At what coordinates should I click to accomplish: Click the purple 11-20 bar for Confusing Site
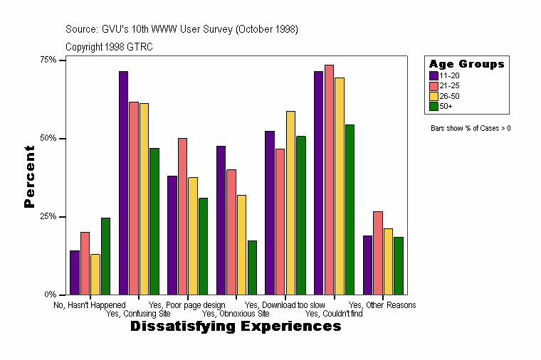pyautogui.click(x=123, y=183)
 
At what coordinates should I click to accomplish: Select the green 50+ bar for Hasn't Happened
pyautogui.click(x=105, y=256)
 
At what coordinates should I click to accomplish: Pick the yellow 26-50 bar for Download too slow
pyautogui.click(x=290, y=203)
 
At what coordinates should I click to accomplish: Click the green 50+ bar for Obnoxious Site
pyautogui.click(x=252, y=268)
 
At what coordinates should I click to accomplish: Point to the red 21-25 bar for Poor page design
pyautogui.click(x=182, y=216)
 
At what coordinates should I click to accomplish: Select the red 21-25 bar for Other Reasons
pyautogui.click(x=378, y=253)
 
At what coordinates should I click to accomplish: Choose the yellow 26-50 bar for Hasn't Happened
pyautogui.click(x=95, y=274)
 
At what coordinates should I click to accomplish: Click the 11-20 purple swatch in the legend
pyautogui.click(x=434, y=75)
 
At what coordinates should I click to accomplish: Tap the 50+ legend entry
pyautogui.click(x=446, y=106)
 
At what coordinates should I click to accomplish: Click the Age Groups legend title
pyautogui.click(x=466, y=64)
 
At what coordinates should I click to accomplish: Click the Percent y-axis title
pyautogui.click(x=29, y=176)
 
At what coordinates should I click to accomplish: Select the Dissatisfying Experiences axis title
pyautogui.click(x=236, y=327)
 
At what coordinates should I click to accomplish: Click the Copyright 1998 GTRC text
pyautogui.click(x=109, y=47)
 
